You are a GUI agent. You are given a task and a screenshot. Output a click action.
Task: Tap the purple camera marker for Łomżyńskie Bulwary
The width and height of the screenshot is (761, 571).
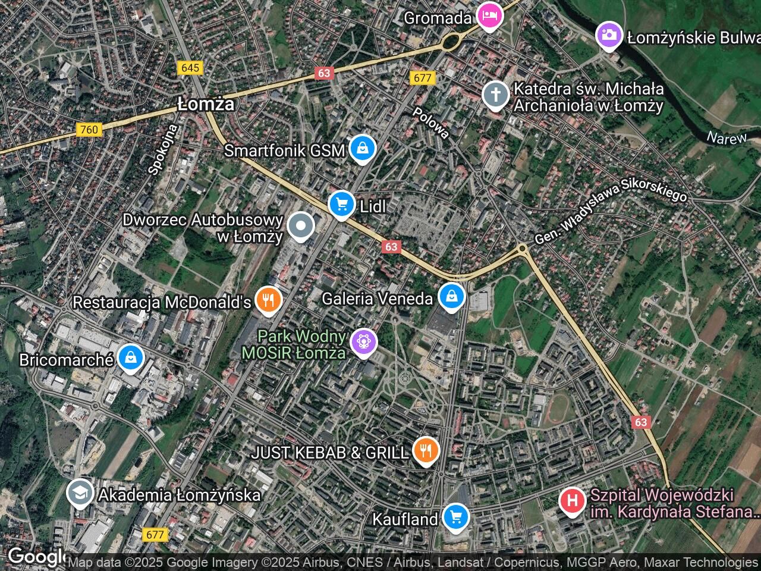pyautogui.click(x=609, y=35)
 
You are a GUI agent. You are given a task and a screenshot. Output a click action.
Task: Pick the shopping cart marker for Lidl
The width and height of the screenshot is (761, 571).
pyautogui.click(x=341, y=205)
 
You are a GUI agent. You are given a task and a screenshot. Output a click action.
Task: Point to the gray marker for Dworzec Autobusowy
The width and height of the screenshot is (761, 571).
pyautogui.click(x=301, y=226)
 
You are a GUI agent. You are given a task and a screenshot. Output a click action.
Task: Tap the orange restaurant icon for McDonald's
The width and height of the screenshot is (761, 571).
pyautogui.click(x=269, y=300)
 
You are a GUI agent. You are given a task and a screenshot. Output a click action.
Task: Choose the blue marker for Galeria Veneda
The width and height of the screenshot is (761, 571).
pyautogui.click(x=452, y=296)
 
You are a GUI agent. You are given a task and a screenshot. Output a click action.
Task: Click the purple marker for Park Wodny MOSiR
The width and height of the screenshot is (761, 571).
pyautogui.click(x=363, y=342)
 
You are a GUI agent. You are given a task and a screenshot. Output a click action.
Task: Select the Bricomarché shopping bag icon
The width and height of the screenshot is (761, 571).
pyautogui.click(x=129, y=358)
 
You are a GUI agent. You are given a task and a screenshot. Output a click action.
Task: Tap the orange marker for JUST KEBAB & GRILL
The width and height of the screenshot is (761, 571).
pyautogui.click(x=425, y=451)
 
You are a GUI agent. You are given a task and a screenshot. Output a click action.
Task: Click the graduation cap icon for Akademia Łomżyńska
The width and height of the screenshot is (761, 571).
pyautogui.click(x=78, y=493)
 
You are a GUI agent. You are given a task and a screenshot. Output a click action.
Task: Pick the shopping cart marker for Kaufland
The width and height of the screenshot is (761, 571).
pyautogui.click(x=455, y=517)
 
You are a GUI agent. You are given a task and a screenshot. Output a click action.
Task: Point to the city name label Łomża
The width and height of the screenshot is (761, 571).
pyautogui.click(x=206, y=105)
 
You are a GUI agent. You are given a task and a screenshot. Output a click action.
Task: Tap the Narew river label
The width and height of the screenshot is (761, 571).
pyautogui.click(x=726, y=138)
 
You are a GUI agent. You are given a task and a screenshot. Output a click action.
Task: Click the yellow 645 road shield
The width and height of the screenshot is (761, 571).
pyautogui.click(x=190, y=68)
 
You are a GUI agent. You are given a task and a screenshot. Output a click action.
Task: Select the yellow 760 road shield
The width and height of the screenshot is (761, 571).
pyautogui.click(x=89, y=129)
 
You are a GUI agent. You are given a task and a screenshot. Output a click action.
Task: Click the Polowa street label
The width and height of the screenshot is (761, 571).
pyautogui.click(x=431, y=123)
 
